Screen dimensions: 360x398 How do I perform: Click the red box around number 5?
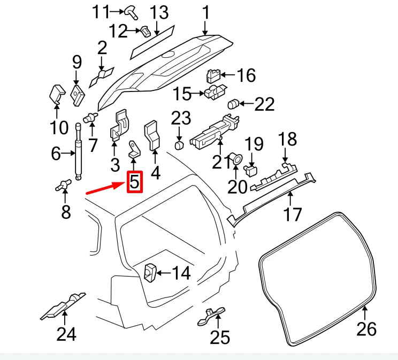tap(134, 182)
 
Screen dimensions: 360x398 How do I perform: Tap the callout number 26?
tap(366, 328)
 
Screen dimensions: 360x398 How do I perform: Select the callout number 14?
tap(181, 273)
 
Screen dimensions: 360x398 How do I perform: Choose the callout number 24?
tap(66, 334)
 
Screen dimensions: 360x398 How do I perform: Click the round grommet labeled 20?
tap(235, 158)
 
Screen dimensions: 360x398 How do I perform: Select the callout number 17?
tap(292, 215)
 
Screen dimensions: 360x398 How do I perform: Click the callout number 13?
tap(158, 12)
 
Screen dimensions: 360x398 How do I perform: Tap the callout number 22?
tap(264, 104)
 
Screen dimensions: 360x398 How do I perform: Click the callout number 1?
tap(206, 12)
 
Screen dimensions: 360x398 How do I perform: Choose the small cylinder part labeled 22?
tap(233, 103)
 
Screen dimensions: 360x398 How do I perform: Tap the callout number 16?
tap(246, 75)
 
